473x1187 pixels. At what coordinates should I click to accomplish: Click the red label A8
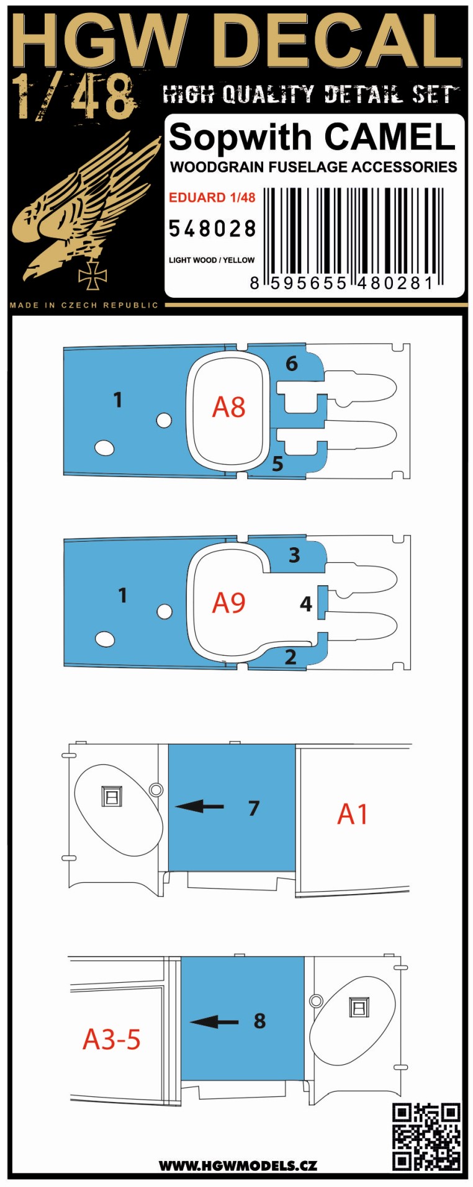[228, 408]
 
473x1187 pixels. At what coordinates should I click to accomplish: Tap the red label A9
[228, 602]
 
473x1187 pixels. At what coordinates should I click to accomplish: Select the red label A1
[353, 813]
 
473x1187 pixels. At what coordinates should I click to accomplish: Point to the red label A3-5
[112, 1039]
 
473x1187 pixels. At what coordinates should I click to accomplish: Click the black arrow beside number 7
[199, 807]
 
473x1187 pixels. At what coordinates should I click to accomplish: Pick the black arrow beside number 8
[214, 1022]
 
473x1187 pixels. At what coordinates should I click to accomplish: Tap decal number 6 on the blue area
[292, 364]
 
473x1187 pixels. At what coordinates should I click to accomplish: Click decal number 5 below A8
[277, 463]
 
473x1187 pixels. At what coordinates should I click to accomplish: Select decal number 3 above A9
[294, 555]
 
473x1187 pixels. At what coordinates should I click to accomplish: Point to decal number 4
[305, 603]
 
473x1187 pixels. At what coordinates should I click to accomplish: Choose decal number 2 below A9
[291, 656]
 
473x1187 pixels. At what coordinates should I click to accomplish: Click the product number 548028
[212, 229]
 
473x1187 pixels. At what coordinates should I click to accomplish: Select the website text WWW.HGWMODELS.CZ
[238, 1165]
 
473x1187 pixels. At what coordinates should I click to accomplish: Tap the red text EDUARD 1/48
[212, 197]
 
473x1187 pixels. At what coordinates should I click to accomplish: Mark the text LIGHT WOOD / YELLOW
[212, 260]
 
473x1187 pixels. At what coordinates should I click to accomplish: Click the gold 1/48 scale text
[75, 97]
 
